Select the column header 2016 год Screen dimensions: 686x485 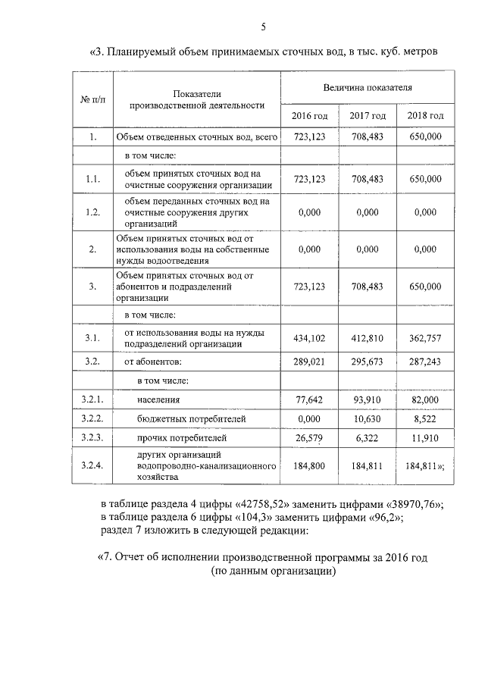point(309,115)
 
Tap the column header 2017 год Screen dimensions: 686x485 point(368,115)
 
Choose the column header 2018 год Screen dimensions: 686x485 point(425,115)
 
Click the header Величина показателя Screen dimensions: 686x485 point(368,87)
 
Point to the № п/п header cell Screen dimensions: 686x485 point(92,101)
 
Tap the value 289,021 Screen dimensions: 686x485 point(309,362)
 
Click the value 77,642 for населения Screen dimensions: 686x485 point(309,399)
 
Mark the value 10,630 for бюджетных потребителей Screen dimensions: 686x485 point(368,418)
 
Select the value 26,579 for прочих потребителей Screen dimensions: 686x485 point(309,437)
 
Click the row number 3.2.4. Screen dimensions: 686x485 point(92,466)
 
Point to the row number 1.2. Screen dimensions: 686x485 point(92,212)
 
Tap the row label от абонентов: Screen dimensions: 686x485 point(153,362)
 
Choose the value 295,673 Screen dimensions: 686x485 point(368,362)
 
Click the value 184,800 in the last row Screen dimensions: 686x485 point(309,466)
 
